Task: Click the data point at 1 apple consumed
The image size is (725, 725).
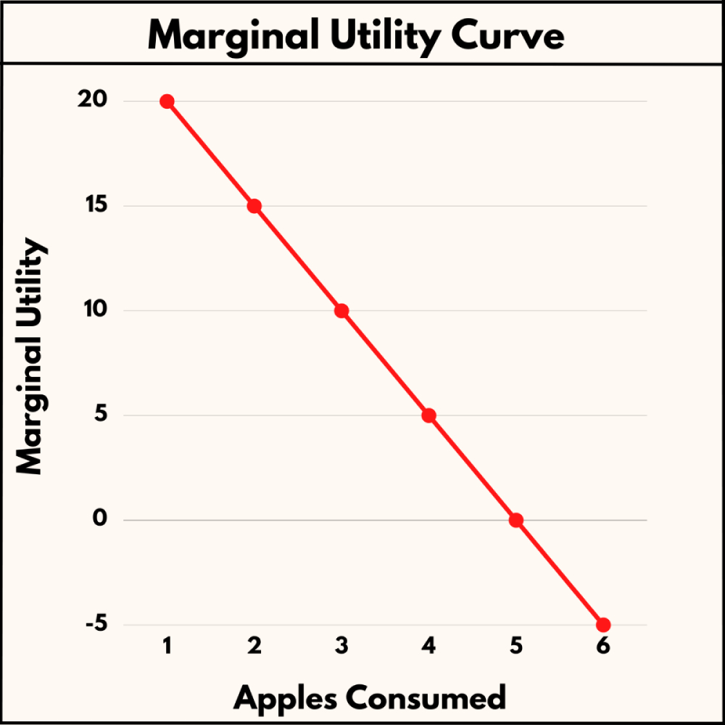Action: pyautogui.click(x=167, y=101)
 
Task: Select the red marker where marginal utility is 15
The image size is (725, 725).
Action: pyautogui.click(x=254, y=206)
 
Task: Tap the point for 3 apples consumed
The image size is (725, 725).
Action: pyautogui.click(x=341, y=311)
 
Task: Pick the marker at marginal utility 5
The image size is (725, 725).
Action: pyautogui.click(x=428, y=415)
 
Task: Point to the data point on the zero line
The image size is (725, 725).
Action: pyautogui.click(x=515, y=520)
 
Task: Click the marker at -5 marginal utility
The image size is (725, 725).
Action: pyautogui.click(x=603, y=625)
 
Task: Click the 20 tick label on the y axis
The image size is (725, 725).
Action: pyautogui.click(x=94, y=101)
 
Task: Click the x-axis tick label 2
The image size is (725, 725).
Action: pyautogui.click(x=254, y=646)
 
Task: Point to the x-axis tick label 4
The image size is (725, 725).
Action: pyautogui.click(x=428, y=646)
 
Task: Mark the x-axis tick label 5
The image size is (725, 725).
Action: pyautogui.click(x=515, y=646)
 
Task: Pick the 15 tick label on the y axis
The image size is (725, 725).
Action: pyautogui.click(x=94, y=206)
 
